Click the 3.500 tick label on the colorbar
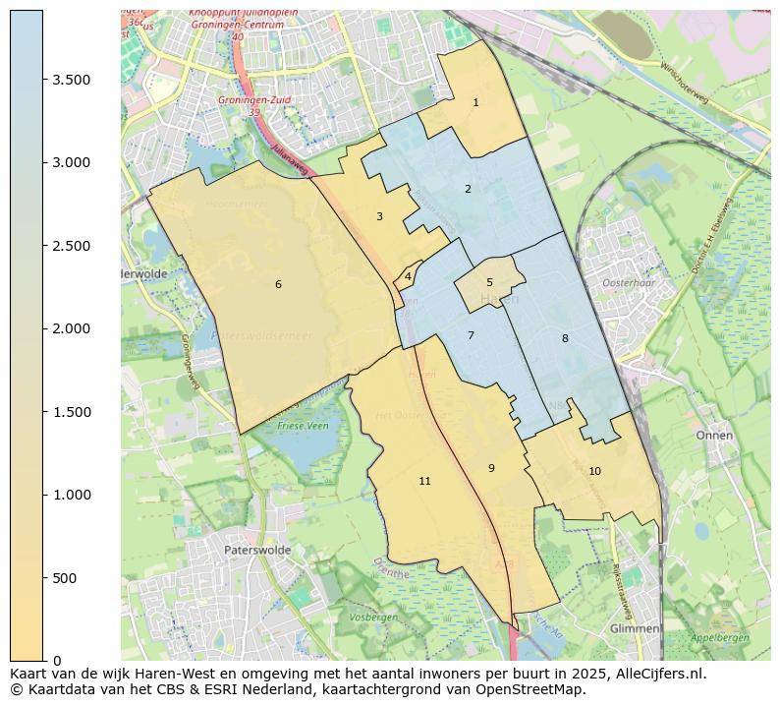click(72, 80)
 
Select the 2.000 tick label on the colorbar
click(72, 328)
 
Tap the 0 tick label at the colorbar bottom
click(57, 661)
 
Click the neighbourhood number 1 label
click(475, 102)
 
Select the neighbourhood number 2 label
click(468, 189)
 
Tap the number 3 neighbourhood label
click(379, 216)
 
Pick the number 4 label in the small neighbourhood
click(408, 277)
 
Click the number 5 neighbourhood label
click(489, 283)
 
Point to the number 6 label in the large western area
click(278, 284)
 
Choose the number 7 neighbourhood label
click(471, 336)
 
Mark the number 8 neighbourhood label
click(565, 339)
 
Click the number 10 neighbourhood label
click(594, 472)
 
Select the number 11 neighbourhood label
click(424, 482)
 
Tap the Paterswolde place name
click(257, 551)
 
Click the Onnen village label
click(714, 435)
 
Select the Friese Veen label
click(304, 427)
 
